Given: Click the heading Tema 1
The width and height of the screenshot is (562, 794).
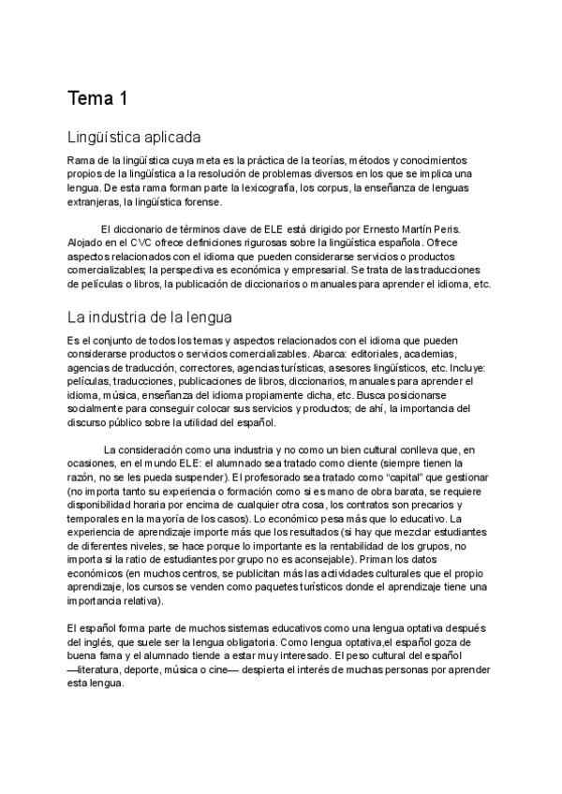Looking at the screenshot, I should [x=98, y=99].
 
